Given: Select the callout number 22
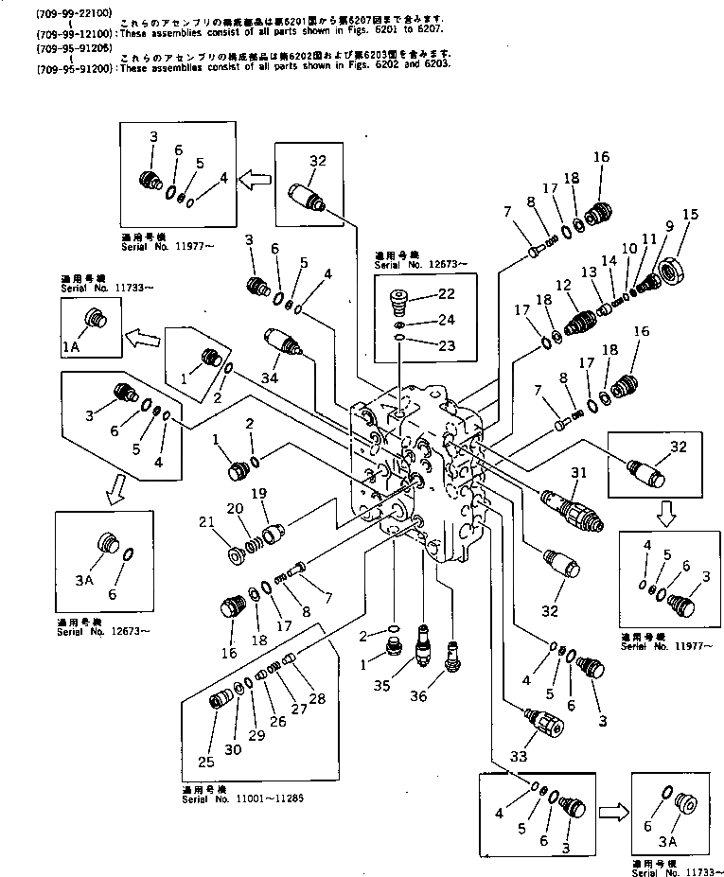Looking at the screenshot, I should [447, 294].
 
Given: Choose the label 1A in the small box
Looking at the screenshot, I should [73, 347].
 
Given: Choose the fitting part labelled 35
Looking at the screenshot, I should [423, 646].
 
